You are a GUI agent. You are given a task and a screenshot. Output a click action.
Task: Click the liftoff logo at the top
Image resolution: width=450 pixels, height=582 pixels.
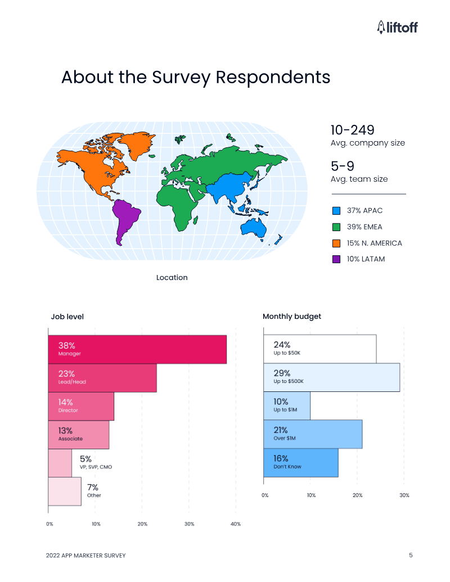(x=397, y=26)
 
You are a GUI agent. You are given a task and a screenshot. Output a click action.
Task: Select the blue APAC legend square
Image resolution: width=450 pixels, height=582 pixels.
(x=336, y=211)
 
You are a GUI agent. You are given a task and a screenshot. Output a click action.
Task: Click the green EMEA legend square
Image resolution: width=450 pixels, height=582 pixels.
(x=336, y=227)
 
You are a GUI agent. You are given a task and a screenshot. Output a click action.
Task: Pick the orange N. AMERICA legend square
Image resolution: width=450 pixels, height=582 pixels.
(x=336, y=243)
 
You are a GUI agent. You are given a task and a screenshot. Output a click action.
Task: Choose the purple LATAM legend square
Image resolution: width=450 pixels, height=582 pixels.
(x=336, y=259)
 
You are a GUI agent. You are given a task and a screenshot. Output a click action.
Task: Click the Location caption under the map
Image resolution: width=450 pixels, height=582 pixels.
(x=172, y=277)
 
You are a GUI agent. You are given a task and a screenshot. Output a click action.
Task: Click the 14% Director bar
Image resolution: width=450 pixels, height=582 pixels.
(x=81, y=406)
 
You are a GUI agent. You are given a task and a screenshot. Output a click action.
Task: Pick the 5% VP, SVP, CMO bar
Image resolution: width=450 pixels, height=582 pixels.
(x=60, y=463)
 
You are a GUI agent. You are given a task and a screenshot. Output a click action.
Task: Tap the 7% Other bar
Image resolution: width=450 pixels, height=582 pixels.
(x=65, y=491)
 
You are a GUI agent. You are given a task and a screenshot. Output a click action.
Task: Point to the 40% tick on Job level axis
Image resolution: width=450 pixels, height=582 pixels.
(x=236, y=524)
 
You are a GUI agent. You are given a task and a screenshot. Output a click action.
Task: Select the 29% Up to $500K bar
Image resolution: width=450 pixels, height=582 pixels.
(x=332, y=377)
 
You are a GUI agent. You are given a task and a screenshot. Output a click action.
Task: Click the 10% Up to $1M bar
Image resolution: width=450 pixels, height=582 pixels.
(x=287, y=405)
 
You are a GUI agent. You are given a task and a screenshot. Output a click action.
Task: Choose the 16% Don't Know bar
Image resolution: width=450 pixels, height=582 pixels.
(x=301, y=463)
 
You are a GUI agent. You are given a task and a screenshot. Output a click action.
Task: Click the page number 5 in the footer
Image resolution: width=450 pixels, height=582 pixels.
(x=411, y=556)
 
